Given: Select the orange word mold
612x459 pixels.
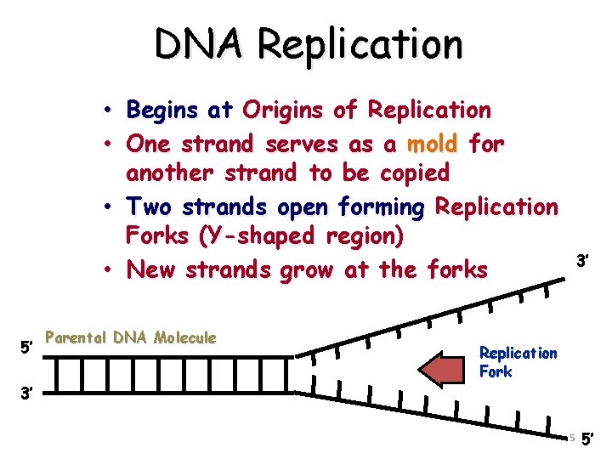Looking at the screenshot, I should click(x=432, y=143).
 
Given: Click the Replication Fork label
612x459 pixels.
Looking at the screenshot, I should click(x=518, y=361).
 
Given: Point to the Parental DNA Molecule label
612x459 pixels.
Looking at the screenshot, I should click(x=131, y=337).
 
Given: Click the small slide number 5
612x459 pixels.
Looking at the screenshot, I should click(x=572, y=438).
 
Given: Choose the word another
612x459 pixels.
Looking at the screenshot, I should click(x=172, y=173).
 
